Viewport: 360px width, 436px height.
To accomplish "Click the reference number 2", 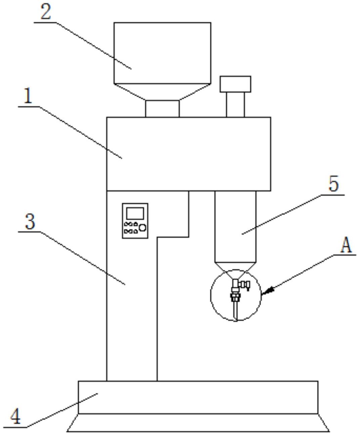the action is coord(45,12).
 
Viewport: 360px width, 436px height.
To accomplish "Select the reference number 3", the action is coord(30,221).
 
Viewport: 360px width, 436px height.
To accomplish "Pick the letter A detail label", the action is coord(346,245).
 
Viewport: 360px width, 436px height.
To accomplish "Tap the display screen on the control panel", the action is coord(135,213).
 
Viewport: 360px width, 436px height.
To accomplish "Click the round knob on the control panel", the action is coord(142,228).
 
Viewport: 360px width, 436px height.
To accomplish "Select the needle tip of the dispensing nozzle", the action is coord(236,321).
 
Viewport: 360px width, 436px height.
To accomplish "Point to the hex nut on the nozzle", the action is coord(235,296).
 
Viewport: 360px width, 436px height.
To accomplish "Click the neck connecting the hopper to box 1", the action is coord(162,109).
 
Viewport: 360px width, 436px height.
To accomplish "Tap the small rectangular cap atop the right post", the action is coord(235,84).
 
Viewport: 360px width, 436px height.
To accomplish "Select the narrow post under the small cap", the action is coord(235,105).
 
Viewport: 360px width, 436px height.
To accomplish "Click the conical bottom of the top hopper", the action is coord(162,92).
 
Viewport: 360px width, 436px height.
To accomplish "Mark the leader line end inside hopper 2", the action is coord(131,69).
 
